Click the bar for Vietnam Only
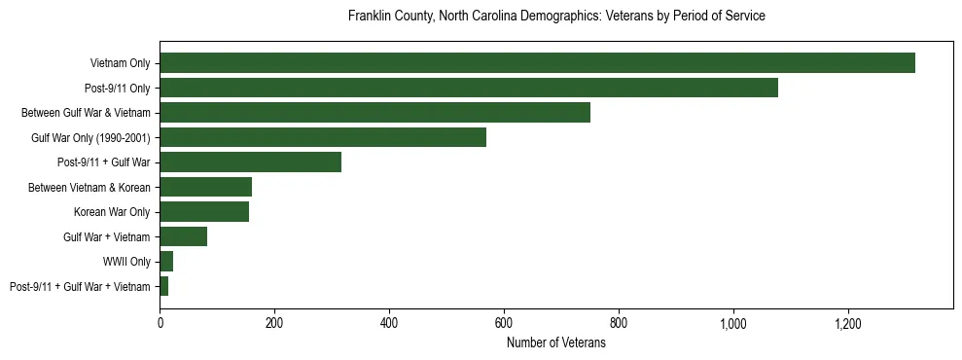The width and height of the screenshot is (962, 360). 537,63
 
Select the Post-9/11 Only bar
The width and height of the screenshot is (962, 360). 469,89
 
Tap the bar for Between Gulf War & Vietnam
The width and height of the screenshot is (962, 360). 374,113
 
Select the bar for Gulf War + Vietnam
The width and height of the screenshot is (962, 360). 183,236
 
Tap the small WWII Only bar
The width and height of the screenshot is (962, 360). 166,262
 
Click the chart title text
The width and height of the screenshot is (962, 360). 556,17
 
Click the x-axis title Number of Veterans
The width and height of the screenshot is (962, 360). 556,343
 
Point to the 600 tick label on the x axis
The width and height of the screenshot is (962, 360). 504,323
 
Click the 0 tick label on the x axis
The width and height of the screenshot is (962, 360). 160,323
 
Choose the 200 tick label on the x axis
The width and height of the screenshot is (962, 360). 274,323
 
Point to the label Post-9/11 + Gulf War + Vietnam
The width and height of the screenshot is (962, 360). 80,286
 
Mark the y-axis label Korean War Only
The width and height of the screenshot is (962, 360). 112,212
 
